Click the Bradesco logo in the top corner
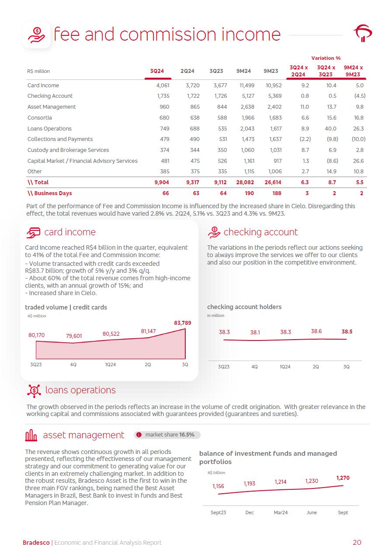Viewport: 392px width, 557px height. [x=362, y=33]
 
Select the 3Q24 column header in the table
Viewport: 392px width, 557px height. [x=156, y=71]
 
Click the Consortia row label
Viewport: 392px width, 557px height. [x=40, y=118]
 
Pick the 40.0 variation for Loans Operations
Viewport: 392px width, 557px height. [x=330, y=129]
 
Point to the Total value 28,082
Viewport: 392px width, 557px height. [x=245, y=182]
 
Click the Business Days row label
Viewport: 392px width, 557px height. [x=49, y=193]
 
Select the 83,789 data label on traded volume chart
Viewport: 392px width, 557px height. [x=182, y=323]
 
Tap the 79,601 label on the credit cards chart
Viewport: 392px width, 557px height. [x=74, y=336]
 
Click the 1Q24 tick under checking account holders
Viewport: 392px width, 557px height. [x=285, y=367]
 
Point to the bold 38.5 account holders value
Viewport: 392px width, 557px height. [x=347, y=332]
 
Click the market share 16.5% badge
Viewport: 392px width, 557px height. [x=167, y=435]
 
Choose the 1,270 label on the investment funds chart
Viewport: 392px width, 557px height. [x=343, y=478]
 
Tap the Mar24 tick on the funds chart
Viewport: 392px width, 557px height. [x=281, y=512]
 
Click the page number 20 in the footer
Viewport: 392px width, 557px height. [x=357, y=543]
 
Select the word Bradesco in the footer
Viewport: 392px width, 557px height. [x=36, y=543]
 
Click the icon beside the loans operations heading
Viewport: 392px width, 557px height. [x=34, y=390]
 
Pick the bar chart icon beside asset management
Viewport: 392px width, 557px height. [x=31, y=435]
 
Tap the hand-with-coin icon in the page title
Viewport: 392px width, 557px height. [x=36, y=34]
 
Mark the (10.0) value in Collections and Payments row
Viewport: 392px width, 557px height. [x=358, y=139]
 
